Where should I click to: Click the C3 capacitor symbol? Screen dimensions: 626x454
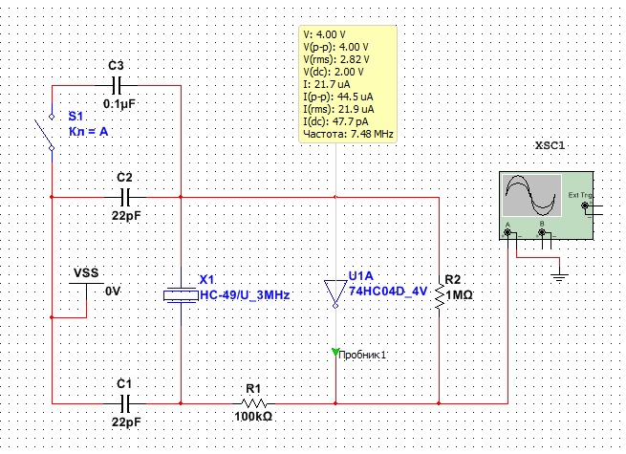[x=117, y=85]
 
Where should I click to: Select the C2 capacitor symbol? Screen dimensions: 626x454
[x=125, y=197]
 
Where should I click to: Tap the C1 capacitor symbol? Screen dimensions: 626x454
[x=125, y=403]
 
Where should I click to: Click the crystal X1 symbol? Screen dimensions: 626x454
[x=181, y=295]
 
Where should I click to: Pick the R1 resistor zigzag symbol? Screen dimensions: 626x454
[x=254, y=403]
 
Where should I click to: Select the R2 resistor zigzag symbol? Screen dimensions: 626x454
[x=440, y=296]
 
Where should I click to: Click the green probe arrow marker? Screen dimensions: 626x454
[x=335, y=352]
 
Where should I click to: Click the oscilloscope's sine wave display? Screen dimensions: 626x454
[x=531, y=195]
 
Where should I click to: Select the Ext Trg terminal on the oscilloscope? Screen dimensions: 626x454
[x=585, y=205]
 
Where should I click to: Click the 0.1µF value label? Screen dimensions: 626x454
[x=119, y=104]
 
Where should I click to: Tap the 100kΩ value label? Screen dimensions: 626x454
[x=253, y=417]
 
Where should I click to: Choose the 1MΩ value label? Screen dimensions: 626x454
[x=459, y=295]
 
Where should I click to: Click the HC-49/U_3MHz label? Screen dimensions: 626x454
[x=245, y=295]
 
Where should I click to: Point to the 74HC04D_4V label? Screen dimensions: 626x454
[x=388, y=292]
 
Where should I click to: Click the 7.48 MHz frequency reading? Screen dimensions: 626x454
[x=372, y=134]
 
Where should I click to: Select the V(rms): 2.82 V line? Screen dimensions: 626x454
[x=336, y=59]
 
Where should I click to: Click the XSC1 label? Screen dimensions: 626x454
[x=550, y=145]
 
